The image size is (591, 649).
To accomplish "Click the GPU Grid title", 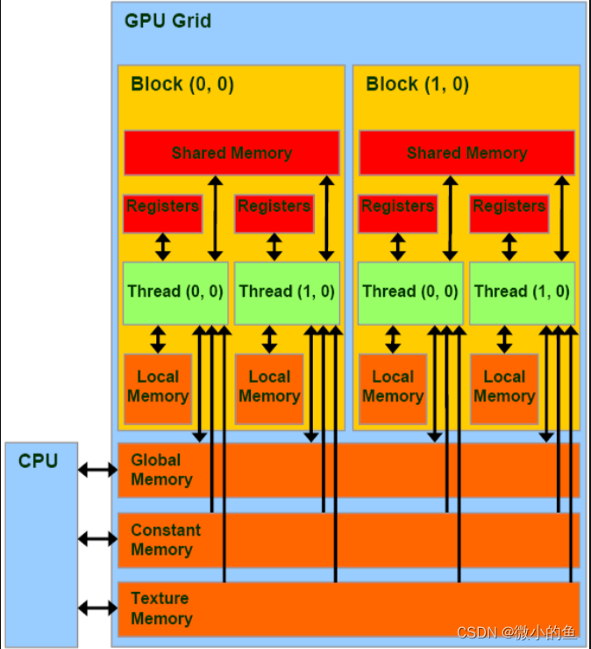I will [x=167, y=20].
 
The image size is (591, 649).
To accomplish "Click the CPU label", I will [x=38, y=460].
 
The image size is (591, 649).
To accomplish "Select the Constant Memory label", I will [x=165, y=540].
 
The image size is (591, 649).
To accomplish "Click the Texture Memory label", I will [x=161, y=609].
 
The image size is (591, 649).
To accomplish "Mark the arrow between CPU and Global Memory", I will [x=96, y=471].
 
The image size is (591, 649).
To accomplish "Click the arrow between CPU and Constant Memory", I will [x=96, y=538].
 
